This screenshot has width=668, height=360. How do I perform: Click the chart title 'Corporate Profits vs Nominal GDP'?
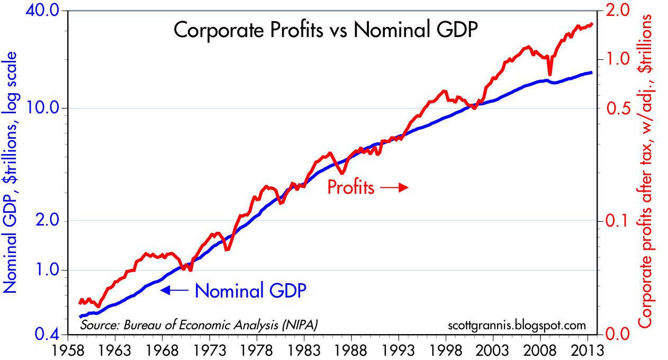click(326, 30)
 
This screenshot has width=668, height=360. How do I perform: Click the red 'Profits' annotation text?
click(351, 187)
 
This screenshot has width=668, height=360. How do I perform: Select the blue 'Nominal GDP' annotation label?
click(250, 290)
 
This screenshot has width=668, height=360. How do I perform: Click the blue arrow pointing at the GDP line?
click(174, 290)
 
